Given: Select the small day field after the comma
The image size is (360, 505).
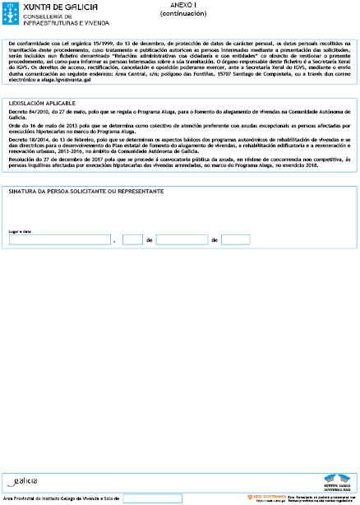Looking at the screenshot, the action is [x=132, y=240].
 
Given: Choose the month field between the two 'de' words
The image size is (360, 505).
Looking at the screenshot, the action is [x=181, y=240].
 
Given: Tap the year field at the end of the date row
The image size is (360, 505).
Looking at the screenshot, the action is [x=235, y=240].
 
